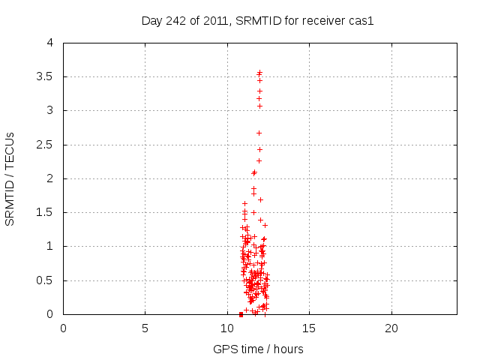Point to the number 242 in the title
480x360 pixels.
pos(175,21)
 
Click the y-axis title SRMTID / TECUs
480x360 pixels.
pos(10,178)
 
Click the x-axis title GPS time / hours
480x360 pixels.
pos(258,349)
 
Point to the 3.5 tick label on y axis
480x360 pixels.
pos(45,76)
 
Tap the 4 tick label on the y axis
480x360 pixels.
pos(50,43)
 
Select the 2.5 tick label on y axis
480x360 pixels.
pos(45,144)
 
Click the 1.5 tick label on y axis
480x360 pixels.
pos(45,212)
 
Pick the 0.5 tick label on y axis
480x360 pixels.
pos(45,280)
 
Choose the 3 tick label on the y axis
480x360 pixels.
pos(50,110)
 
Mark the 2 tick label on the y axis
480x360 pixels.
pos(50,178)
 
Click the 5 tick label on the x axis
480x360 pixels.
pos(145,328)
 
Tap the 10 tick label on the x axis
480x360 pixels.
pos(227,328)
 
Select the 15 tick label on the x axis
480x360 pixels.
pos(309,328)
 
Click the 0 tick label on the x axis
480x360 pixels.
pos(63,328)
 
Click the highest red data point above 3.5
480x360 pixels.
pos(260,72)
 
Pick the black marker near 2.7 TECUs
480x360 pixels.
pos(259,133)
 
